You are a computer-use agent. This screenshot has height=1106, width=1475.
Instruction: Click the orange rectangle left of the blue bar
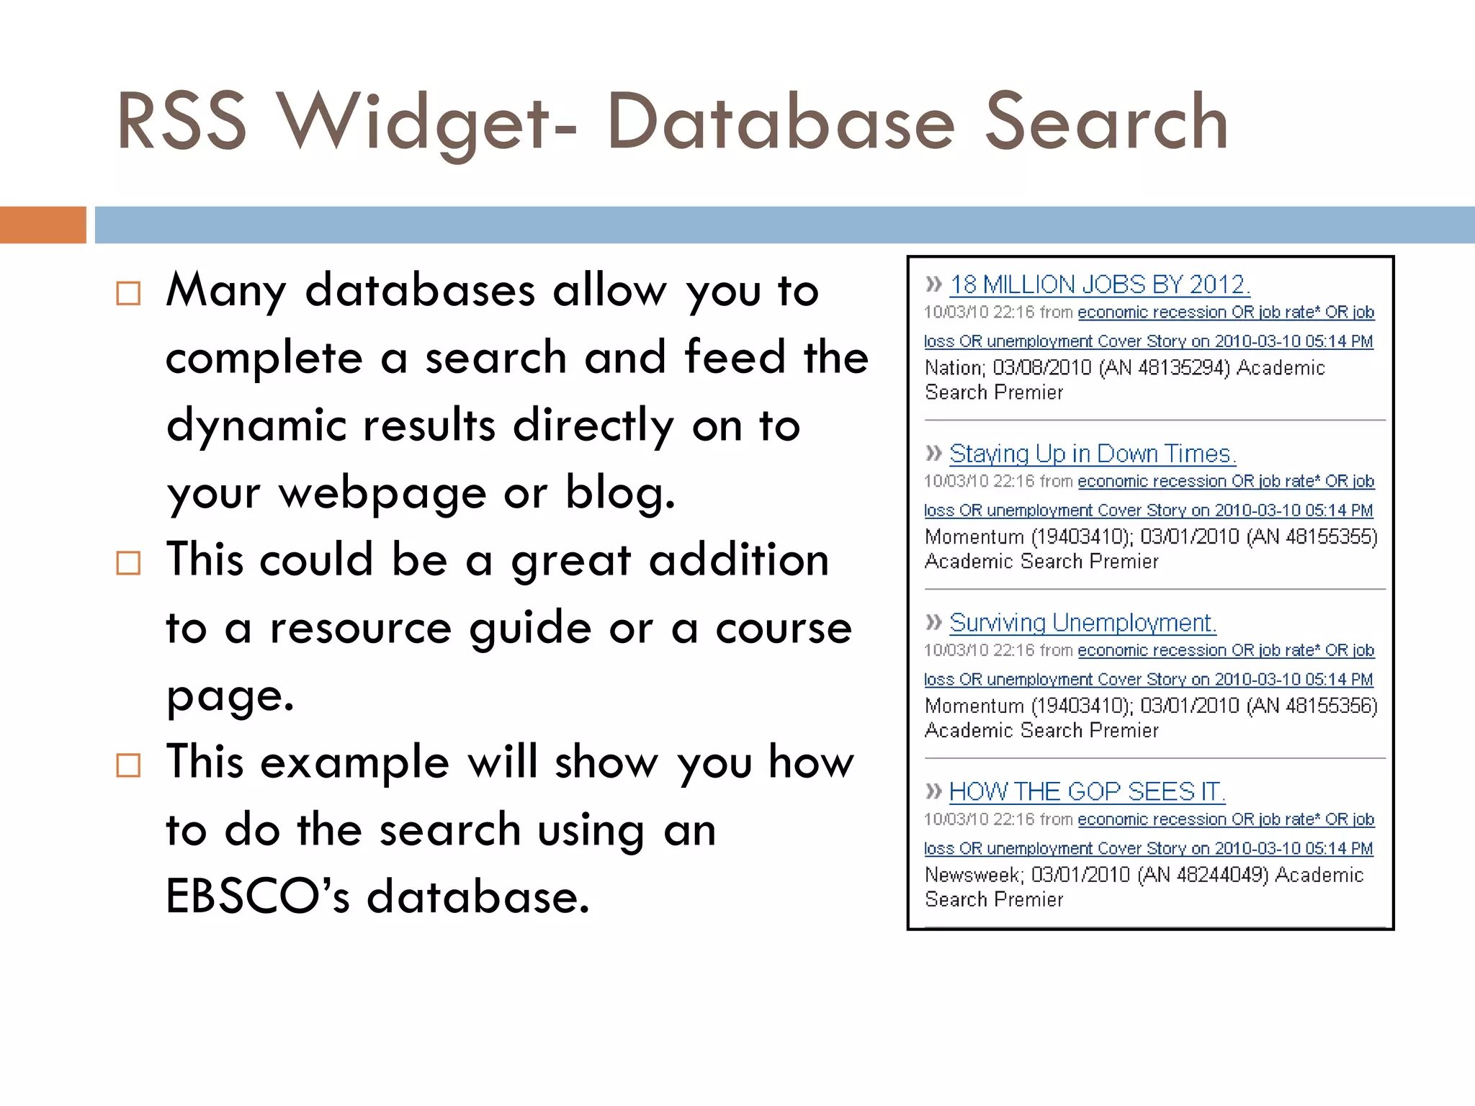pyautogui.click(x=42, y=225)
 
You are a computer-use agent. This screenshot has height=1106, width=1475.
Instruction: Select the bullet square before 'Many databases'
pyautogui.click(x=128, y=293)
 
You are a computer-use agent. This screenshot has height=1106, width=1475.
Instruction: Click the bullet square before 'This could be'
pyautogui.click(x=128, y=562)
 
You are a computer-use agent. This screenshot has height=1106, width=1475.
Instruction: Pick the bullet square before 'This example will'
pyautogui.click(x=128, y=765)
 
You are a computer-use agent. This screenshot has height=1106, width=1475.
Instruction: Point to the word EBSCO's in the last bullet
pyautogui.click(x=257, y=896)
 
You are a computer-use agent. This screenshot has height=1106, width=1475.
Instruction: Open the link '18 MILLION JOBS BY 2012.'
pyautogui.click(x=1099, y=285)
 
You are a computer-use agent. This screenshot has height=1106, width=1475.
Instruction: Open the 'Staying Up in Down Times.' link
pyautogui.click(x=1092, y=454)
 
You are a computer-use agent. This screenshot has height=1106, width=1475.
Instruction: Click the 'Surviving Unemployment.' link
pyautogui.click(x=1082, y=623)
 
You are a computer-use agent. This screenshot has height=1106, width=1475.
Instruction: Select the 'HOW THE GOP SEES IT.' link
pyautogui.click(x=1086, y=792)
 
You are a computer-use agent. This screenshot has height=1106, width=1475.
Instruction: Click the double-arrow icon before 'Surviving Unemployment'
pyautogui.click(x=933, y=622)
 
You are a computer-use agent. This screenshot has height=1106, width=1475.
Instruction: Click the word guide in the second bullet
pyautogui.click(x=530, y=628)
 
